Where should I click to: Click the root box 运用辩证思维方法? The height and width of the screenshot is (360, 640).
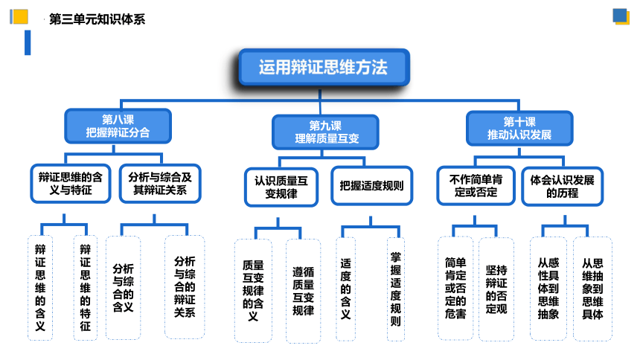pyautogui.click(x=324, y=68)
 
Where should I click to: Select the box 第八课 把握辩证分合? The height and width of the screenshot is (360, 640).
pyautogui.click(x=118, y=126)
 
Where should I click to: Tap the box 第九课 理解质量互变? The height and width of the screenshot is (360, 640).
pyautogui.click(x=325, y=132)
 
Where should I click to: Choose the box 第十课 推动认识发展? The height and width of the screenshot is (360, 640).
pyautogui.click(x=519, y=128)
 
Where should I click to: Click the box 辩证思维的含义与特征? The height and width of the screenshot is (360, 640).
pyautogui.click(x=71, y=184)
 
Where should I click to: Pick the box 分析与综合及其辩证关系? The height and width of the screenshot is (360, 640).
pyautogui.click(x=160, y=184)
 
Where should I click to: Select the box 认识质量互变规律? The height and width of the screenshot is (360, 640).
pyautogui.click(x=281, y=187)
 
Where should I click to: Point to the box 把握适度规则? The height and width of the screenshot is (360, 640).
pyautogui.click(x=372, y=186)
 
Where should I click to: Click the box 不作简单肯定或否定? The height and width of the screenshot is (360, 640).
pyautogui.click(x=476, y=186)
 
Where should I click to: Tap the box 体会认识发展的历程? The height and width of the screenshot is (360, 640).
pyautogui.click(x=562, y=186)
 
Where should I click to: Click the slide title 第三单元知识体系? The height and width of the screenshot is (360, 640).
pyautogui.click(x=97, y=19)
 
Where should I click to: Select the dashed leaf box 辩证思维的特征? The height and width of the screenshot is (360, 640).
pyautogui.click(x=86, y=288)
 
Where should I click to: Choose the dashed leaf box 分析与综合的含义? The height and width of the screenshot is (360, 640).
pyautogui.click(x=124, y=288)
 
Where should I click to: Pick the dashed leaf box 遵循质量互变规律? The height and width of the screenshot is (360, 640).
pyautogui.click(x=304, y=291)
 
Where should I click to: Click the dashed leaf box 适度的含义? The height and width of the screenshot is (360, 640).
pyautogui.click(x=346, y=289)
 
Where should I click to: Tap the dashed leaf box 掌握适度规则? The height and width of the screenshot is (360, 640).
pyautogui.click(x=396, y=289)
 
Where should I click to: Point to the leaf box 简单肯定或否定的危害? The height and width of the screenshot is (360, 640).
pyautogui.click(x=455, y=288)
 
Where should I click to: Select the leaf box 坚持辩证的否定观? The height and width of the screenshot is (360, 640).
pyautogui.click(x=496, y=289)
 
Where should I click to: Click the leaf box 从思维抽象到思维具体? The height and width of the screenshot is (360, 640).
pyautogui.click(x=592, y=289)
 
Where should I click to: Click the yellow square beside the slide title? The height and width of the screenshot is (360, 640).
pyautogui.click(x=19, y=16)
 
